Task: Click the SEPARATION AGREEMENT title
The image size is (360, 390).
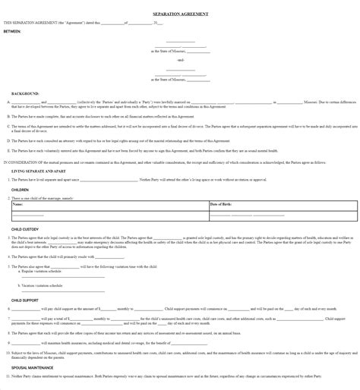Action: coord(180,14)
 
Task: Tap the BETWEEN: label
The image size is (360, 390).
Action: coord(13,31)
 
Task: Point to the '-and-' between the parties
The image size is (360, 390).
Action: coord(180,60)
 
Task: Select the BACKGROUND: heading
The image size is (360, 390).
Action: coord(26,93)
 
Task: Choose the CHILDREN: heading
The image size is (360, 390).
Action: coord(21,189)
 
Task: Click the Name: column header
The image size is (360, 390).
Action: coord(17,204)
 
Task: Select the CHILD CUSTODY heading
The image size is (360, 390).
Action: coord(25,228)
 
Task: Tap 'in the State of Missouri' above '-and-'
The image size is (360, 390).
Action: coord(180,51)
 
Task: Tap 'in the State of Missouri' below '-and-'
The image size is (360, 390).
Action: coord(180,78)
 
